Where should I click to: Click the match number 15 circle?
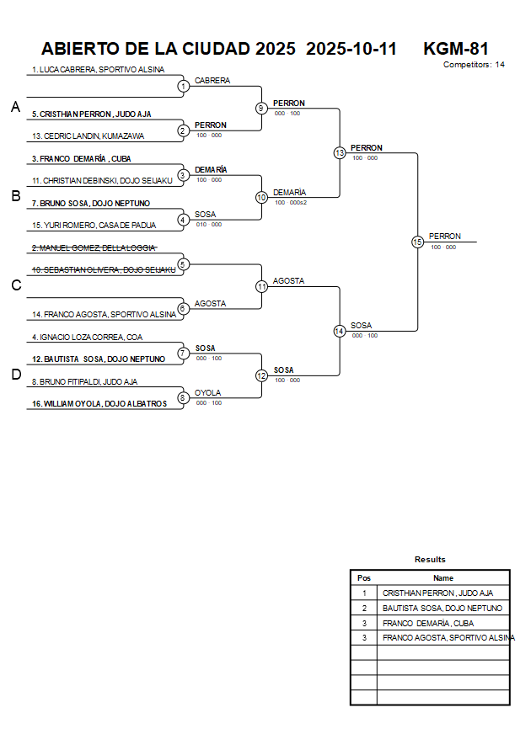pos(417,242)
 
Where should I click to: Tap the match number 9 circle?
pos(261,108)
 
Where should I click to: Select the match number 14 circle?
pos(339,331)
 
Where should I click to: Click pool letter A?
pos(15,107)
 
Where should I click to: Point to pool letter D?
pos(15,375)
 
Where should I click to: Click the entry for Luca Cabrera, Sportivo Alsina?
pos(98,70)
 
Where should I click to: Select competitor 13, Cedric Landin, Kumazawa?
pos(88,136)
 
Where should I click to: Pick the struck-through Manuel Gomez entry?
pos(94,247)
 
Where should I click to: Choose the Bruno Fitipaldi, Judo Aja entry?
pos(84,381)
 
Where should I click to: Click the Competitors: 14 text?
pos(474,64)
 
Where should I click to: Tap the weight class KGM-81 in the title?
pos(456,49)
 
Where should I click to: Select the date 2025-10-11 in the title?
pos(351,49)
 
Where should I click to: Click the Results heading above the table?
pos(430,559)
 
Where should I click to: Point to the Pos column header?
pos(364,578)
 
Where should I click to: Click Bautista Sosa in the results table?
pos(442,608)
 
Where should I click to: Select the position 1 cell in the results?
pos(364,593)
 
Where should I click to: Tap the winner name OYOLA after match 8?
pos(208,392)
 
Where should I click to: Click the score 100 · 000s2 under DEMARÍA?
pos(291,202)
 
